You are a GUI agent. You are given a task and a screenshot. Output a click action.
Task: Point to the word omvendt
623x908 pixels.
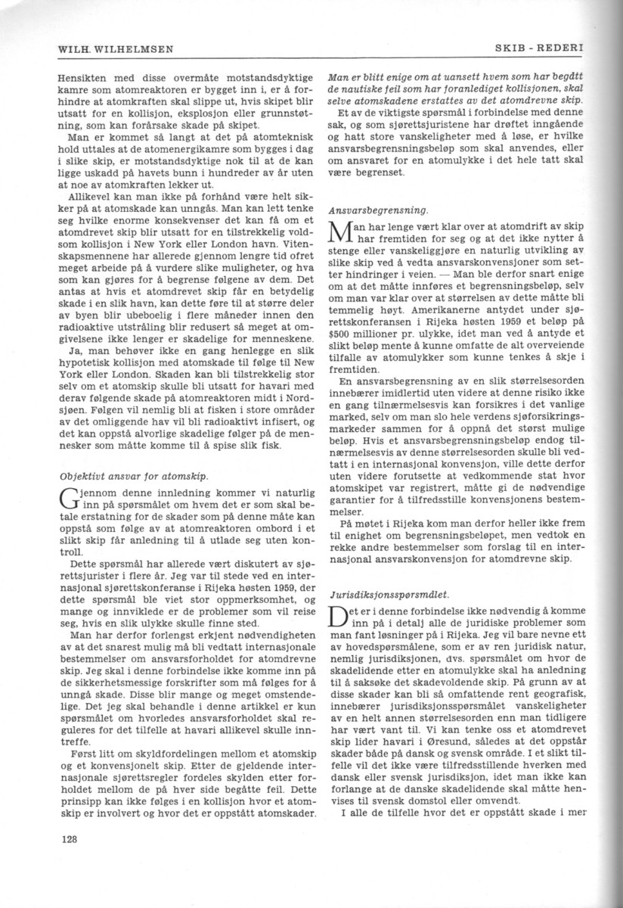[x=491, y=802]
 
